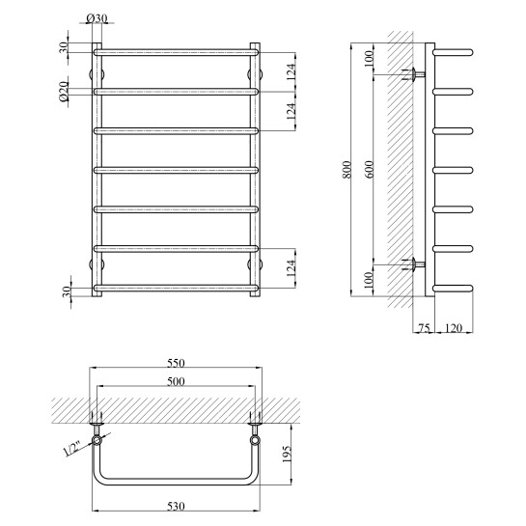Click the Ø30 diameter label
pyautogui.click(x=97, y=18)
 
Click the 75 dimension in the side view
pyautogui.click(x=424, y=329)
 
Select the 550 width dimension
pyautogui.click(x=175, y=363)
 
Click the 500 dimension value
pyautogui.click(x=175, y=381)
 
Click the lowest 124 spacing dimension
pyautogui.click(x=291, y=267)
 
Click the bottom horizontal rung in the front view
pyautogui.click(x=175, y=287)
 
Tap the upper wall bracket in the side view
pyautogui.click(x=415, y=75)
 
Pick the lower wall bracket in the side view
pyautogui.click(x=415, y=263)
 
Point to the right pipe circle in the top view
pyautogui.click(x=255, y=441)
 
